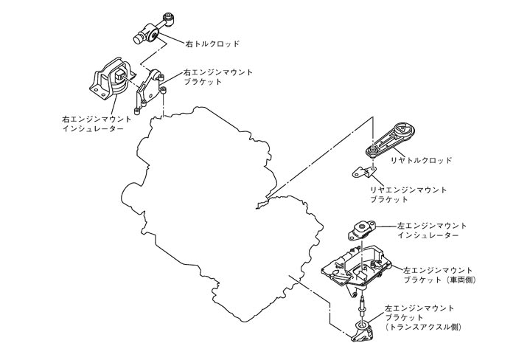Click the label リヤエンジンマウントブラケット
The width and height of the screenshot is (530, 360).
tap(408, 195)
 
